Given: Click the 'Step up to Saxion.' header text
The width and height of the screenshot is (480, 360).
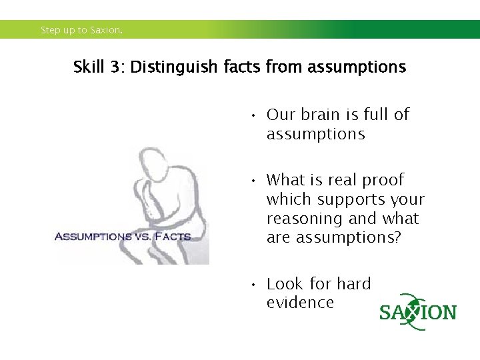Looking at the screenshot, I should pos(81,30).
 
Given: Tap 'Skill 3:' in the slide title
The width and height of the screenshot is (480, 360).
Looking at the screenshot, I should pos(99,67).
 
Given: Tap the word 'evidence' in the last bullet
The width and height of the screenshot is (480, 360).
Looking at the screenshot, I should pos(300,303).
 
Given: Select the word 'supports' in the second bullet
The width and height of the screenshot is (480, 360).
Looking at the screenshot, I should pos(351,199).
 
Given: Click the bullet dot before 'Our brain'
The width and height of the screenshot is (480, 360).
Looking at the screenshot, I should pos(254,116).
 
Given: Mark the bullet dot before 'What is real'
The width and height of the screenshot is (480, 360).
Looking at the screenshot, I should pos(254,181).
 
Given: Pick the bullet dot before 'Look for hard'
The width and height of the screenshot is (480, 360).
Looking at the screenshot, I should pos(254,285).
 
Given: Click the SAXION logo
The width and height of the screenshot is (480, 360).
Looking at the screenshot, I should pos(418,312).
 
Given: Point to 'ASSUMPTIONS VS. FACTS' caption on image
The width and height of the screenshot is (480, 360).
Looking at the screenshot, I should pos(123,236).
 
